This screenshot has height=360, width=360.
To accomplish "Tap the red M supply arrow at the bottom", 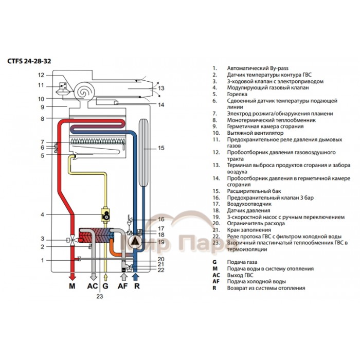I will [72, 276].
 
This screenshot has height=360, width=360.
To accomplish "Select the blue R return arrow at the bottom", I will [136, 276].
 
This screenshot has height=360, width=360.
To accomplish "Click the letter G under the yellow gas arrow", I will [105, 286].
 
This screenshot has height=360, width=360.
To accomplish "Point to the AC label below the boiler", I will [92, 286].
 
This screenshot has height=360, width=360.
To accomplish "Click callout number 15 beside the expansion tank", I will [160, 148].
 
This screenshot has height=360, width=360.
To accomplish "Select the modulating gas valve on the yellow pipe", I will [105, 215].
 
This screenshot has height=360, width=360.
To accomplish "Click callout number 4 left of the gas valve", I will [43, 214].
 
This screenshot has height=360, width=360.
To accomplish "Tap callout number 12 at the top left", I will [42, 75].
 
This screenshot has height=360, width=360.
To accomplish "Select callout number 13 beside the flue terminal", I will [161, 88].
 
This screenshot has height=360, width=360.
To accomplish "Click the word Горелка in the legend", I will [237, 94].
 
